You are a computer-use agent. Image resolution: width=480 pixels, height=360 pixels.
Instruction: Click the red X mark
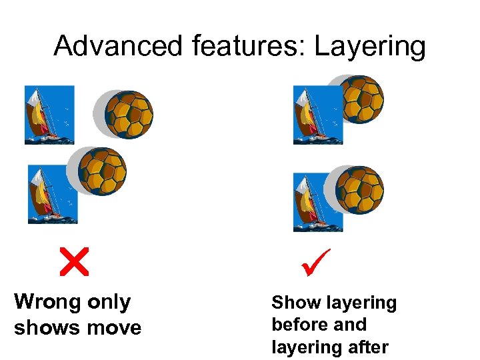click(x=73, y=261)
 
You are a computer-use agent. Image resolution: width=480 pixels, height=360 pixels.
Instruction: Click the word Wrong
click(x=46, y=302)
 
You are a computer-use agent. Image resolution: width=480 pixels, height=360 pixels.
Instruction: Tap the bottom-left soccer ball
click(x=102, y=171)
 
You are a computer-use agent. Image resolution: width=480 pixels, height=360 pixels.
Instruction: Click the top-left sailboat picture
click(x=49, y=115)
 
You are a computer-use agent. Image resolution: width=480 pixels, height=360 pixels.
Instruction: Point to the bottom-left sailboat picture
click(x=52, y=193)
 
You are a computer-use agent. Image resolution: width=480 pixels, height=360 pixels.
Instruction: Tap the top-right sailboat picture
click(x=318, y=115)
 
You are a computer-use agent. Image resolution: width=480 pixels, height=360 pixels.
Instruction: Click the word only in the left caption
click(x=107, y=302)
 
